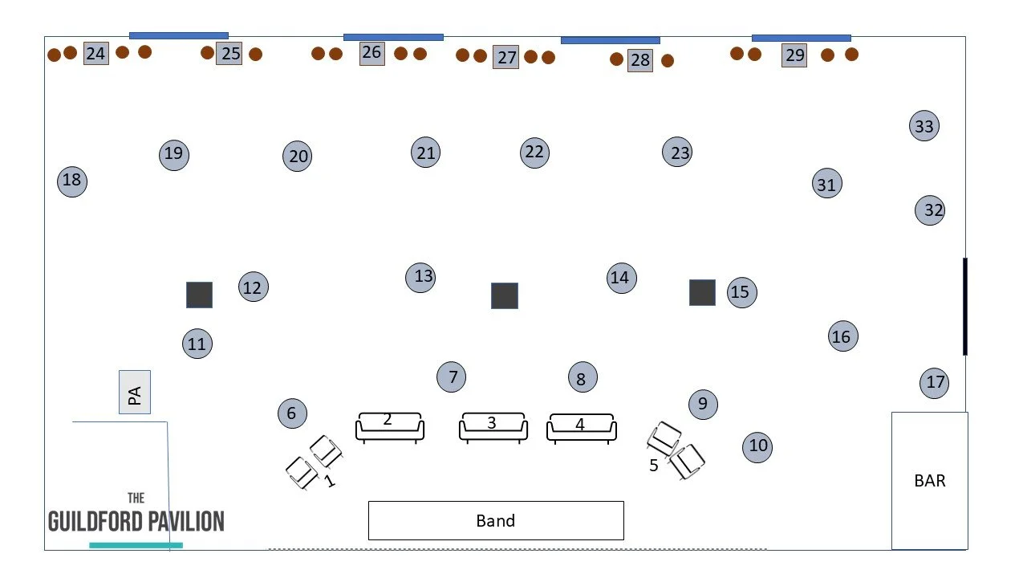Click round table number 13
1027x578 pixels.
click(x=423, y=277)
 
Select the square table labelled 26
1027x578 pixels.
click(x=371, y=53)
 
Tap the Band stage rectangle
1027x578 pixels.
click(x=496, y=520)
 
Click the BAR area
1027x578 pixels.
click(x=929, y=480)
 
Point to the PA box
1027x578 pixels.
click(x=135, y=393)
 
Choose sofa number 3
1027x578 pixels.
click(x=493, y=426)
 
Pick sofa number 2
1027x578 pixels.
click(x=390, y=426)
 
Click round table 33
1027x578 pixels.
click(x=924, y=126)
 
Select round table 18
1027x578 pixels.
click(x=72, y=181)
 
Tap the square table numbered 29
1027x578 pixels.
click(x=794, y=55)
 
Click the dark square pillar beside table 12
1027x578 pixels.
click(x=200, y=295)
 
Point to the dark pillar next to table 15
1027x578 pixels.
click(x=702, y=292)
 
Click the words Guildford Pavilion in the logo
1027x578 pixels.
click(x=136, y=521)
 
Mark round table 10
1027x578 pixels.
click(x=758, y=446)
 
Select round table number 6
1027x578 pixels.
click(x=292, y=413)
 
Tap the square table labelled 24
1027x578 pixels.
click(x=96, y=54)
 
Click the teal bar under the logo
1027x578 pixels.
click(x=136, y=545)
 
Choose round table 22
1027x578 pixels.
click(x=534, y=153)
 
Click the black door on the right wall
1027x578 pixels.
click(x=964, y=306)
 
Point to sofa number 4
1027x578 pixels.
click(x=582, y=427)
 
